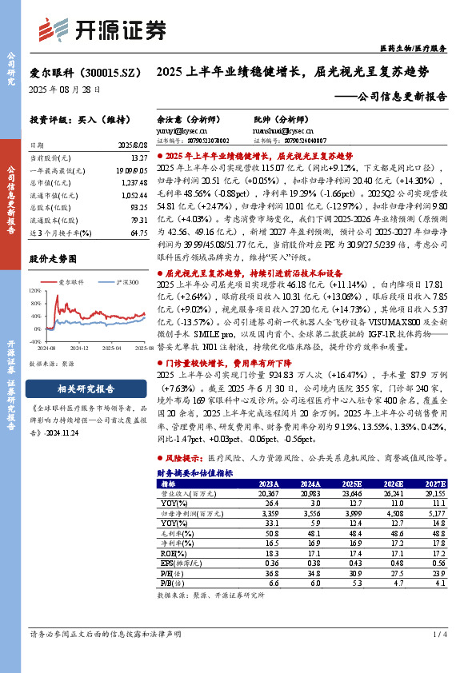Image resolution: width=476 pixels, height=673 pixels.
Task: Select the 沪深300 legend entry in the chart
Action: click(120, 282)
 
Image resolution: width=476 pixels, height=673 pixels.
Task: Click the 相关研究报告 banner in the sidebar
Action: click(86, 390)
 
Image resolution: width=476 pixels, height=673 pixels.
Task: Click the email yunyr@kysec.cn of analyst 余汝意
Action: click(178, 128)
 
